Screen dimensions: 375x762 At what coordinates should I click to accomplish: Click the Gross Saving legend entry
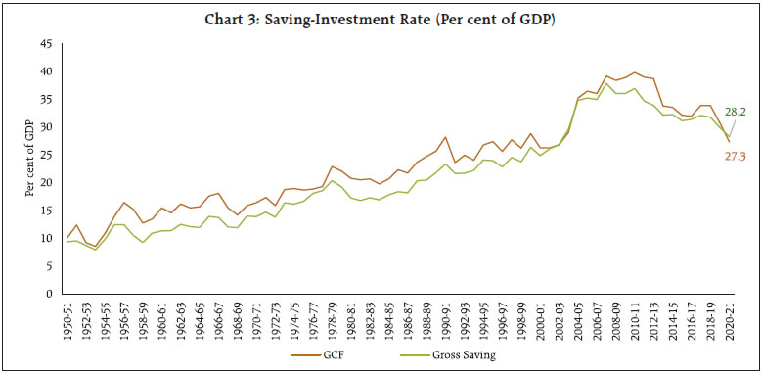coord(459,355)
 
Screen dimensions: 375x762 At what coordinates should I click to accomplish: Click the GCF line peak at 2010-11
coord(635,72)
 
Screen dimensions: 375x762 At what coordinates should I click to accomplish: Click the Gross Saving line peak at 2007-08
coord(606,83)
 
